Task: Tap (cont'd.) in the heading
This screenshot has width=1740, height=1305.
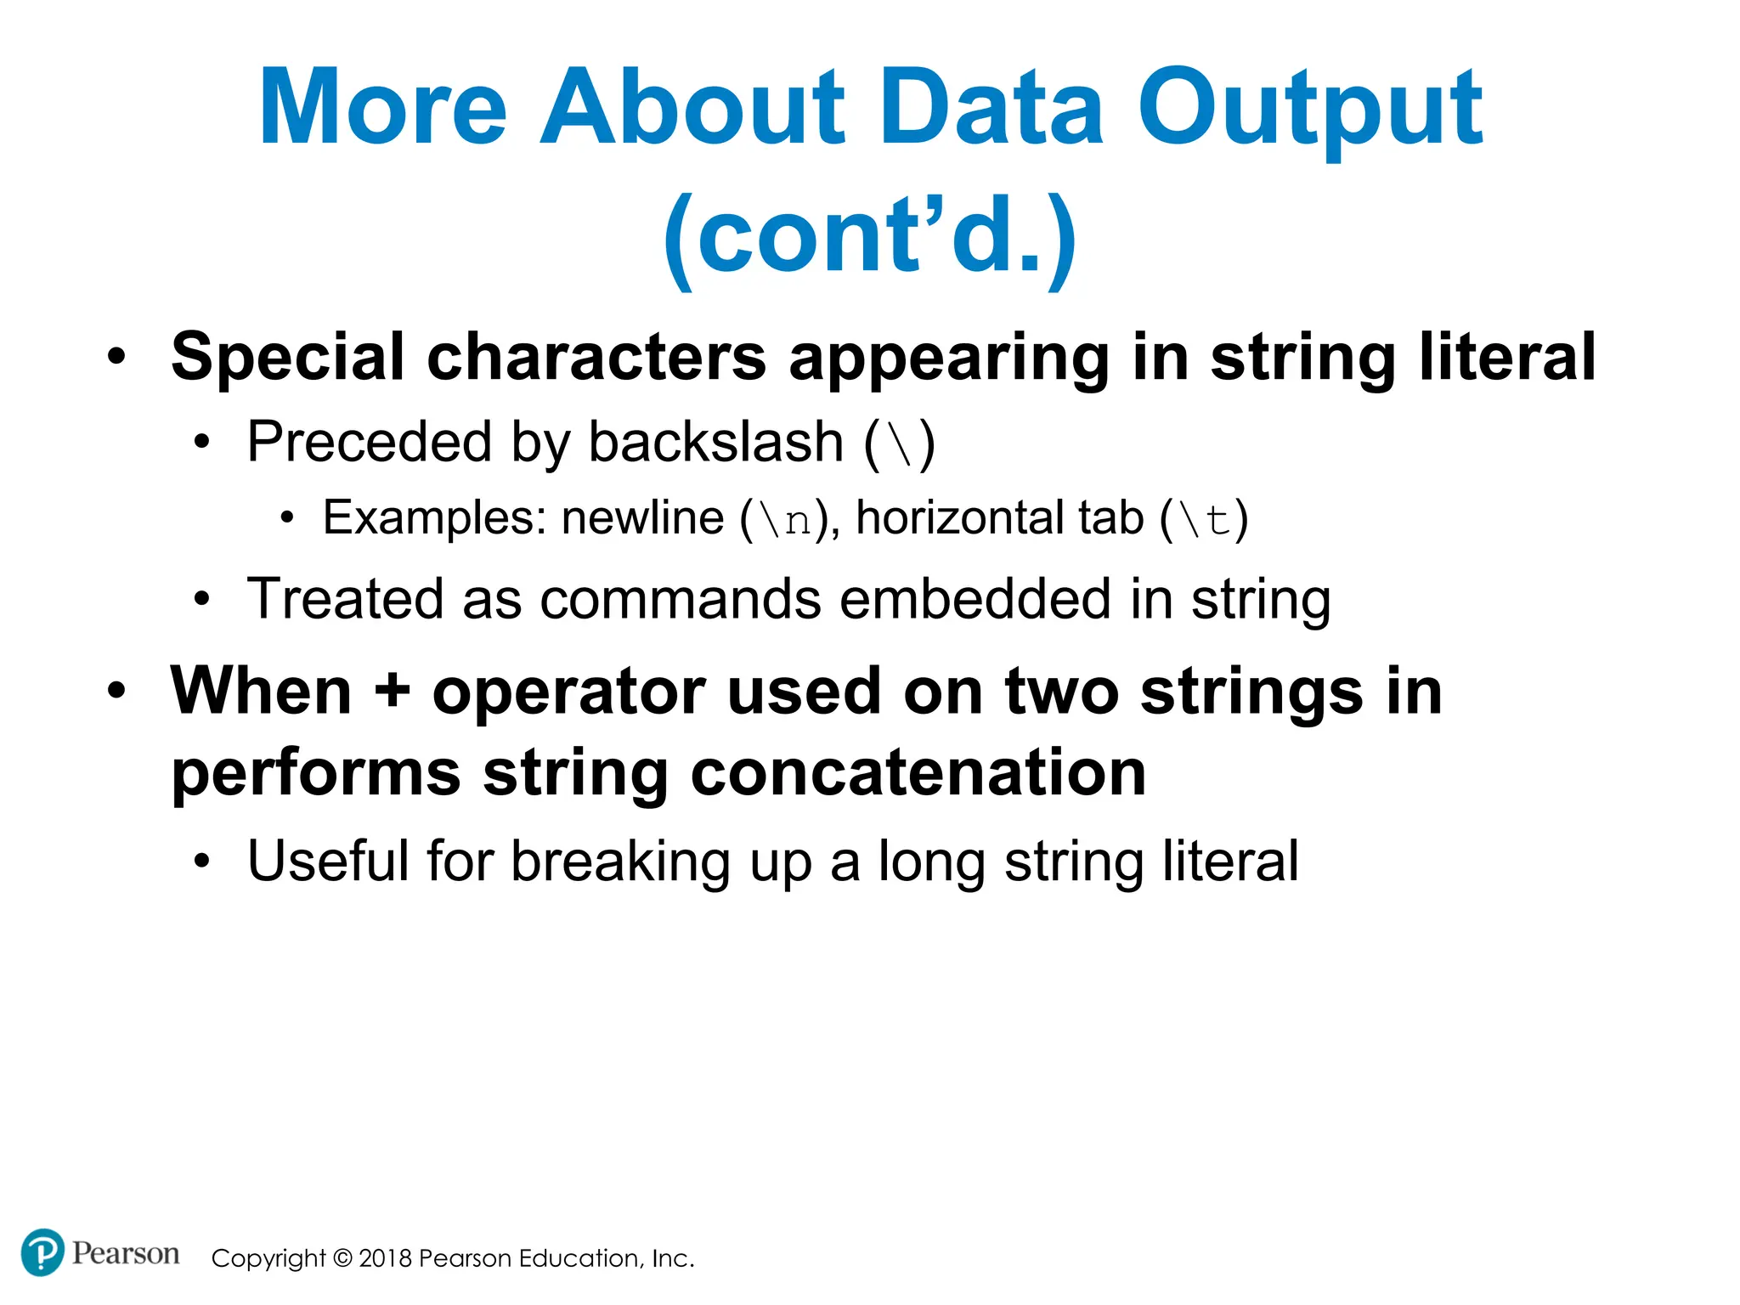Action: click(x=870, y=238)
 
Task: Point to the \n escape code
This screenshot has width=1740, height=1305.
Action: click(x=785, y=520)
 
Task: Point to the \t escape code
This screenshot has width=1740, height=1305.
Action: click(x=1204, y=520)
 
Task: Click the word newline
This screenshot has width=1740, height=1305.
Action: click(x=642, y=518)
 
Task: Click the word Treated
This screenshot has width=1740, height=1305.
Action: click(x=344, y=600)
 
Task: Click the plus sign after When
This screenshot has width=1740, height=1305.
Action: click(x=392, y=691)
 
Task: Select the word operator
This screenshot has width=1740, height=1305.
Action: click(x=568, y=692)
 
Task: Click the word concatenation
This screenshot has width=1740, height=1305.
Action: click(x=918, y=773)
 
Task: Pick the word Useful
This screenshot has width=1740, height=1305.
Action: click(x=327, y=862)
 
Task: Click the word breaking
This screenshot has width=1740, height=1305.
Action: click(x=620, y=862)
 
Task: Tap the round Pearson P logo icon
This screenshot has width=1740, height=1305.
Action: click(x=42, y=1252)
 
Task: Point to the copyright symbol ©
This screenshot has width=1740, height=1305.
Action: click(x=342, y=1258)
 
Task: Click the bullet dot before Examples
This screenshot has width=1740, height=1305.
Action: click(x=287, y=517)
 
